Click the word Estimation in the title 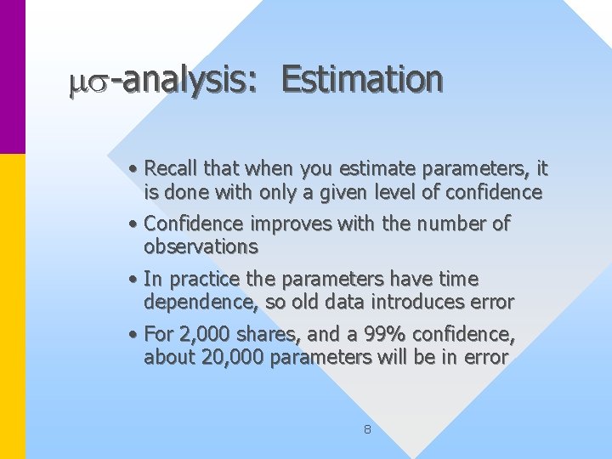[362, 80]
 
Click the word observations [201, 246]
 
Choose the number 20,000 [233, 357]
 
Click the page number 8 [367, 429]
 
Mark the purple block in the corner [13, 76]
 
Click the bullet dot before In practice [136, 280]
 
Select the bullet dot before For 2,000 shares [136, 335]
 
